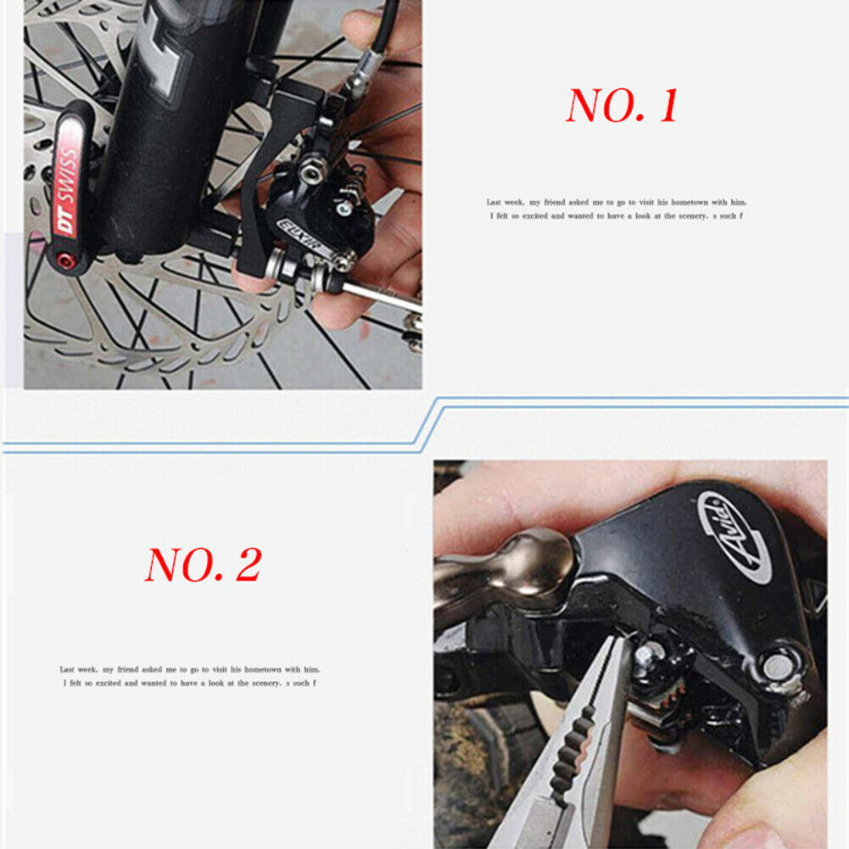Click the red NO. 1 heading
(622, 106)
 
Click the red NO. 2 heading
(203, 564)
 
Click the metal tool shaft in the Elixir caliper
(382, 293)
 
